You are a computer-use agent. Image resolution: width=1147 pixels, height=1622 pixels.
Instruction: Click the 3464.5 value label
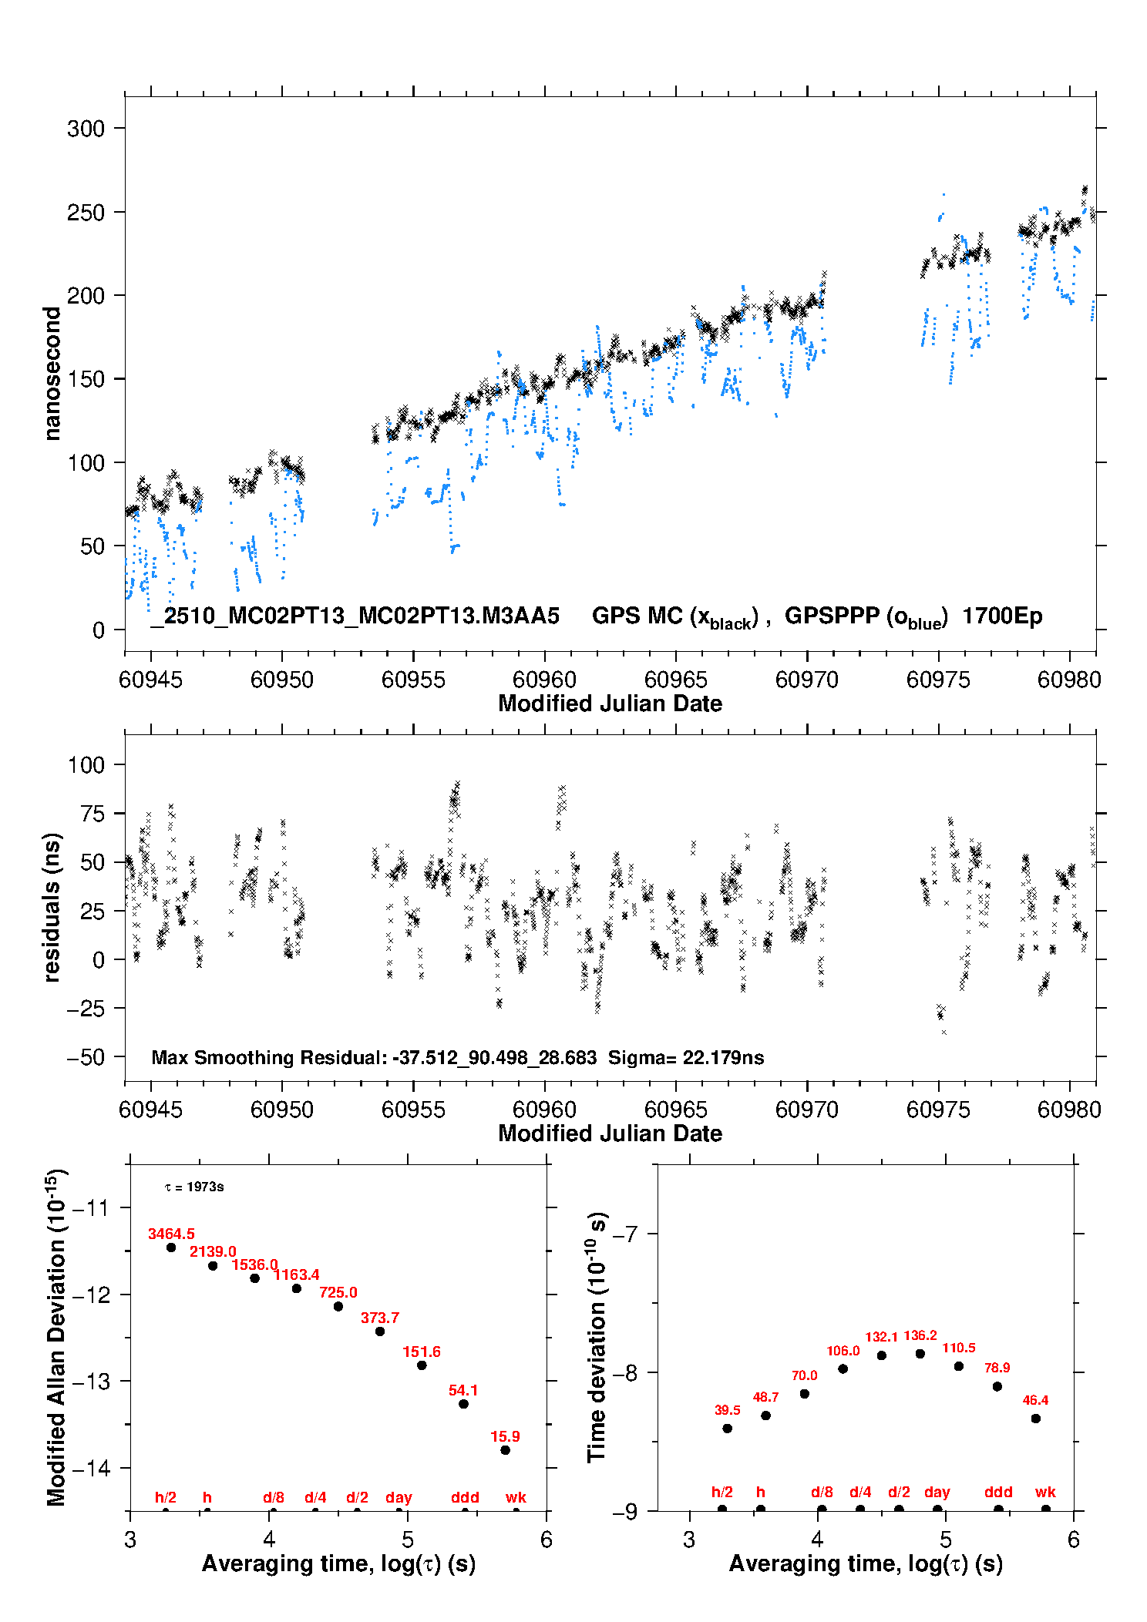(x=171, y=1234)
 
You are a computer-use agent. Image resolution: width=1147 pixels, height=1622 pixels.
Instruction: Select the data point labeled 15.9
(x=505, y=1450)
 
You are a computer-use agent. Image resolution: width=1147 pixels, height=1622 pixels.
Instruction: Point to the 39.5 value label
(x=727, y=1410)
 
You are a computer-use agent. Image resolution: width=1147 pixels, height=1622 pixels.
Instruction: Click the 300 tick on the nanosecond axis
(x=86, y=129)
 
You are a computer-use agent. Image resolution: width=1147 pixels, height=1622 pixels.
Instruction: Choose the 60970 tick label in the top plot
(x=806, y=680)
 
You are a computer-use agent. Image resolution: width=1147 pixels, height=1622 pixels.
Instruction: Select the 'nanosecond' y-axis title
(x=52, y=374)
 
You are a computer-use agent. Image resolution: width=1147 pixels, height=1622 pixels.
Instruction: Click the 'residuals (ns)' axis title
(x=52, y=907)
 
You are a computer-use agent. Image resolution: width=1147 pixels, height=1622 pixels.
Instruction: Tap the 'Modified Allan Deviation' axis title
(x=55, y=1338)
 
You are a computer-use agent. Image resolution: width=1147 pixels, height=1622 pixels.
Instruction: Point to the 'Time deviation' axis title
(x=597, y=1338)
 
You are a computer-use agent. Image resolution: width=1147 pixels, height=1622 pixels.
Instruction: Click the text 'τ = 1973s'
(x=194, y=1187)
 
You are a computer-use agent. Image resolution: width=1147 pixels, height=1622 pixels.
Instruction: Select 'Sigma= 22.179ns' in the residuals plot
(x=686, y=1058)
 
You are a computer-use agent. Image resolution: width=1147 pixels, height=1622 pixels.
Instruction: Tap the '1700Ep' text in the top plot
(x=1002, y=616)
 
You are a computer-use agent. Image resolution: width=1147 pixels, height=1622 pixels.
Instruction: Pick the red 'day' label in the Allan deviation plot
(x=399, y=1497)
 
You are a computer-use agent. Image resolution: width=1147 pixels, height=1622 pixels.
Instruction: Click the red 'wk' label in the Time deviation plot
(x=1045, y=1492)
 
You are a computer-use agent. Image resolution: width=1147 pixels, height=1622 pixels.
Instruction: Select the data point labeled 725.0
(x=338, y=1306)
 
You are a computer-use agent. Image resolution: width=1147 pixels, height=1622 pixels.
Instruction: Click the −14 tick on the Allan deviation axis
(x=91, y=1468)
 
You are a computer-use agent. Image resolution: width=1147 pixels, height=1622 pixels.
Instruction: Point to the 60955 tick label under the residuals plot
(x=413, y=1110)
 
